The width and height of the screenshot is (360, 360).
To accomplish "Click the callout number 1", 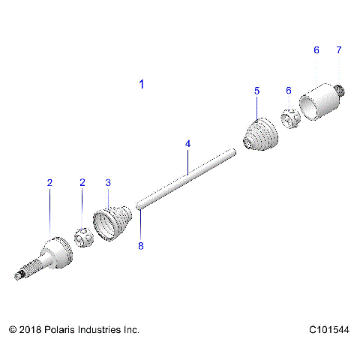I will pos(142,85).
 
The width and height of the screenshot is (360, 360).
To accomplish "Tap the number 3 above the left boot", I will pos(108,182).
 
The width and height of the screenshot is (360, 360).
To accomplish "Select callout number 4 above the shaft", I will pos(188,143).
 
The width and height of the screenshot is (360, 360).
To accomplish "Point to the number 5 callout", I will pos(256,90).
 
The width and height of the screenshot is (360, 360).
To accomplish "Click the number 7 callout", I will pos(338,50).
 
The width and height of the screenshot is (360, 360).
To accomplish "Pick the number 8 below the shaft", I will pos(140,244).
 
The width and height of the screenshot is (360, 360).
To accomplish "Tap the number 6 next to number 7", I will pos(316,50).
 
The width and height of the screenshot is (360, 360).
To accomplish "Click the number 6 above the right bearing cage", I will pos(289,90).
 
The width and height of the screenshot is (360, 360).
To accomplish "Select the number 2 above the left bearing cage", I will pos(82,182).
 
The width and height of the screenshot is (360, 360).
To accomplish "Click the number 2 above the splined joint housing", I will pos(49,182).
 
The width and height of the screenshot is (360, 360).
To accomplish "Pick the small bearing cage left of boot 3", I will pos(85,240).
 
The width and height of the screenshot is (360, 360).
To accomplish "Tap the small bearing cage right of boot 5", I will pos(291,118).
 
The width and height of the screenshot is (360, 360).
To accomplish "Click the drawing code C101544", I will pos(328,329).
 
